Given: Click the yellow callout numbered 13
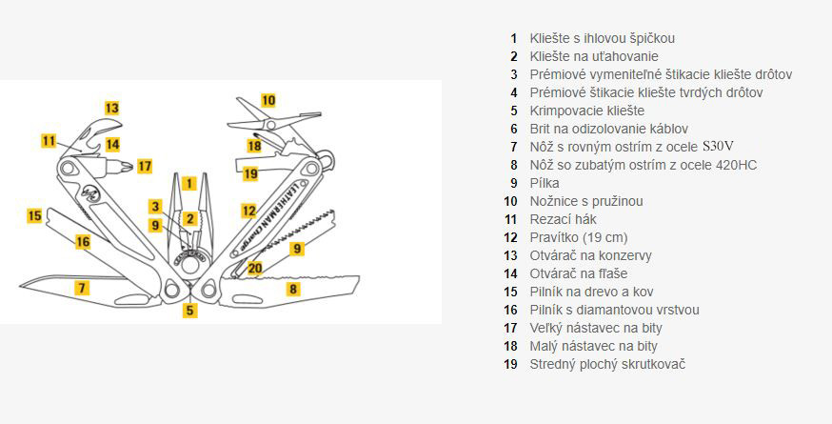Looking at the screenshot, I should [x=112, y=108].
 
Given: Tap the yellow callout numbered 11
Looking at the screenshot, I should [x=50, y=141].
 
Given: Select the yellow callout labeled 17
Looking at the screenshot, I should [x=144, y=166].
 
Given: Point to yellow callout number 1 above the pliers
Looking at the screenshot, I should [x=189, y=183].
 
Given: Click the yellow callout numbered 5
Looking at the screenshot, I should [x=190, y=310].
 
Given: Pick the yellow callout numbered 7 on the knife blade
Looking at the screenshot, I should [x=83, y=287].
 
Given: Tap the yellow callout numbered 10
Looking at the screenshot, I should [x=268, y=99].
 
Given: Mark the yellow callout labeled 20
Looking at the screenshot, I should [x=255, y=268].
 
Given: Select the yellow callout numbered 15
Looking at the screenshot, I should [x=34, y=215].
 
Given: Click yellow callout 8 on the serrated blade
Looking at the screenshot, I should [x=293, y=288].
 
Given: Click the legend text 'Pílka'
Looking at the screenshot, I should [x=545, y=183].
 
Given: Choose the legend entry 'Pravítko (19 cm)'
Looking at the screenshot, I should [x=579, y=237].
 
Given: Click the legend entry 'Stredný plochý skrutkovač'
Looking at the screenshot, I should [x=607, y=364].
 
